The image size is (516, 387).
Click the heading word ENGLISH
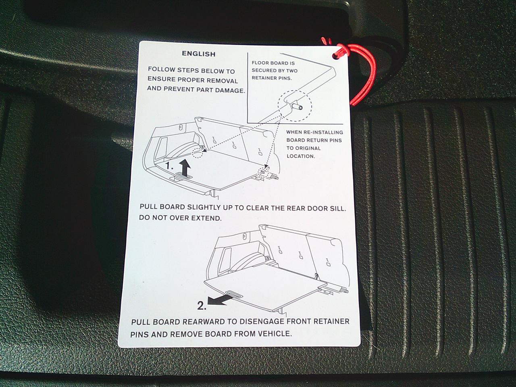click(199, 54)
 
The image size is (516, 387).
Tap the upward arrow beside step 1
click(185, 168)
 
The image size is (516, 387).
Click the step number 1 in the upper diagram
click(169, 166)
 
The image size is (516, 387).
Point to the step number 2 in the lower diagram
click(202, 306)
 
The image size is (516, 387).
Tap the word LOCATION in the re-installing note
click(301, 156)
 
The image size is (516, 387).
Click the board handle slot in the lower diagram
click(233, 293)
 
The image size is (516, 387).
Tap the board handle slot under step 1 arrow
click(185, 175)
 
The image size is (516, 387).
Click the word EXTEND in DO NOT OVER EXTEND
click(206, 218)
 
